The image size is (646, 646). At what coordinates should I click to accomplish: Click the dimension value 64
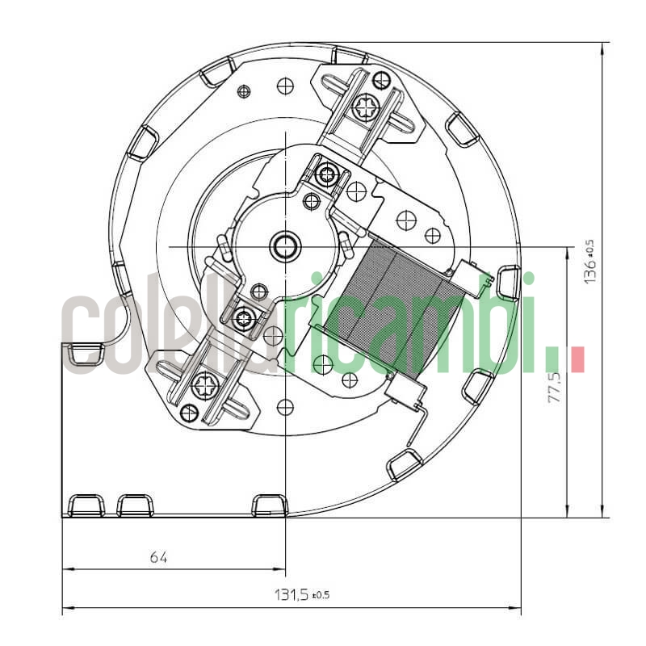pos(158,557)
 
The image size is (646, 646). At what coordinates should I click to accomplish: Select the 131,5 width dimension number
pos(292,595)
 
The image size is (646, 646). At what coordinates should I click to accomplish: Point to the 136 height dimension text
pos(591,271)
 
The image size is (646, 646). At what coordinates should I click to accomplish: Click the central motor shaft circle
pos(285,245)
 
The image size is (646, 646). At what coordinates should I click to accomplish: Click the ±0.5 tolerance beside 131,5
pos(321,596)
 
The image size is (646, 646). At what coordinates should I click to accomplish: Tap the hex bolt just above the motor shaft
pos(327,174)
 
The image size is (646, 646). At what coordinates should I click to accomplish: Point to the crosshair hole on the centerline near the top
pos(285,85)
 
